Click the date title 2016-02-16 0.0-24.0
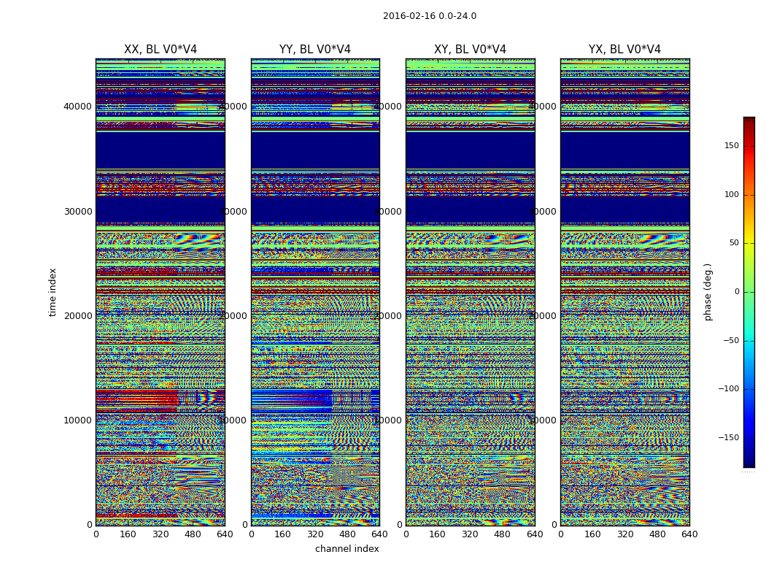tap(429, 16)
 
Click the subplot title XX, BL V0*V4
tap(160, 50)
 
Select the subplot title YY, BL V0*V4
tap(315, 50)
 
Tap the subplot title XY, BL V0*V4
tap(470, 50)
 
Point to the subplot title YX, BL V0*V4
tap(624, 50)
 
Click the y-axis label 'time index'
tap(53, 292)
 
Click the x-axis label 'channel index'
tap(347, 549)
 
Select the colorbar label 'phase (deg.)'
tap(708, 292)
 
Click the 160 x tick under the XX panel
tap(128, 534)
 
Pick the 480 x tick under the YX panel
tap(657, 534)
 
